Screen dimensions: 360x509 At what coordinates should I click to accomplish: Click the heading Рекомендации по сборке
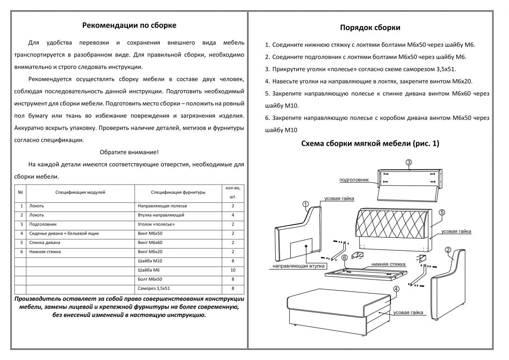click(x=129, y=25)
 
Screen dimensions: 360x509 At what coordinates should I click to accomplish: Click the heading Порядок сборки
click(x=370, y=28)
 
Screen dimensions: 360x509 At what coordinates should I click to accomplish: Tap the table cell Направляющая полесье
click(x=162, y=205)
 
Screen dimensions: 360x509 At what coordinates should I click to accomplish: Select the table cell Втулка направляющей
click(x=161, y=215)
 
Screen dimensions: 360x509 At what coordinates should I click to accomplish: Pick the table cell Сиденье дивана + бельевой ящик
click(x=64, y=234)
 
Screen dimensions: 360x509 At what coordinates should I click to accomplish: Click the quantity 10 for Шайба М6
click(x=233, y=270)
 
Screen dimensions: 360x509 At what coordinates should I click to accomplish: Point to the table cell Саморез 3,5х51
click(x=154, y=289)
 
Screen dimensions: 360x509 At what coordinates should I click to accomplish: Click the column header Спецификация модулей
click(x=80, y=192)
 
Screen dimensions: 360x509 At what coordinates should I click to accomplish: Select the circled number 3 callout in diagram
click(x=409, y=162)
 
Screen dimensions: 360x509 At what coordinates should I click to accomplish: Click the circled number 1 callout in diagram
click(x=305, y=204)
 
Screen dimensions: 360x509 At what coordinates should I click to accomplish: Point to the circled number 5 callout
click(x=442, y=212)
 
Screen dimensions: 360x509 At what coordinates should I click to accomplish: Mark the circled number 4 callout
click(x=396, y=289)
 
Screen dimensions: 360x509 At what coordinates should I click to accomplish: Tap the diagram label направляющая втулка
click(x=298, y=267)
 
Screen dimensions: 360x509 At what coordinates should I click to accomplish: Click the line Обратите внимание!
click(x=129, y=152)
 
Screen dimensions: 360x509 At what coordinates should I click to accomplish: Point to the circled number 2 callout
click(x=448, y=250)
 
